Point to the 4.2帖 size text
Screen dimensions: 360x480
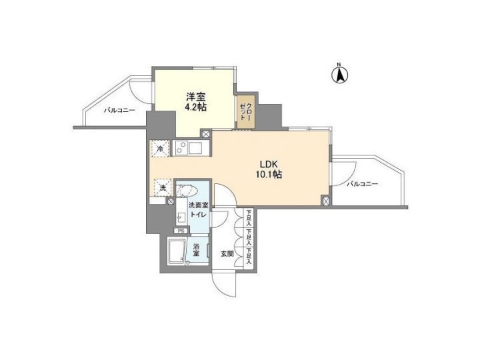pos(194,107)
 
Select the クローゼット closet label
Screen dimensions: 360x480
pos(246,112)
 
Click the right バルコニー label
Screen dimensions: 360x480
pos(363,183)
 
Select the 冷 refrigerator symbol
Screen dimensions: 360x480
pos(159,149)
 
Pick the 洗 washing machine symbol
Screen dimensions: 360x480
pos(163,188)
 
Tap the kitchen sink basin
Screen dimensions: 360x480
pos(197,148)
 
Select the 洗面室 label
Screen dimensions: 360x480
pos(198,207)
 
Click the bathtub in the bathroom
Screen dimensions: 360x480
pos(176,253)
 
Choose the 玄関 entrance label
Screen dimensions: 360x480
pos(227,253)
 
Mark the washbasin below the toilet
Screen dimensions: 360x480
pos(181,218)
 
